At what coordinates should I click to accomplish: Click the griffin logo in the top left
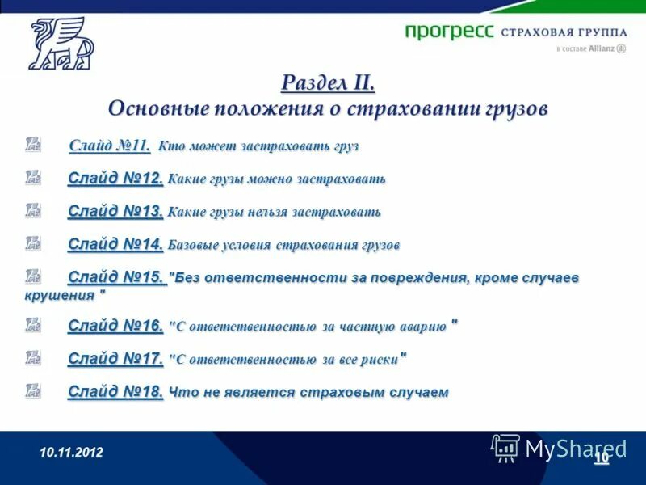click(61, 44)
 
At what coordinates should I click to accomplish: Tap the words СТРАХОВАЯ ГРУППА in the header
click(564, 32)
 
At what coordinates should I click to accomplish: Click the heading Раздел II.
click(328, 83)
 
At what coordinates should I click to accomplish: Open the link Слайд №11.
click(110, 146)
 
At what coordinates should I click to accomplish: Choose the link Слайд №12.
click(115, 178)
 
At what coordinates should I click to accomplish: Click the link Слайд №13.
click(115, 211)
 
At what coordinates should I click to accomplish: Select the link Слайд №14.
click(115, 243)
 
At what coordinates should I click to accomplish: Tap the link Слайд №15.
click(115, 277)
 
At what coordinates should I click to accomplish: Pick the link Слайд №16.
click(115, 326)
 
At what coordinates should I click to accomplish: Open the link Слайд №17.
click(115, 358)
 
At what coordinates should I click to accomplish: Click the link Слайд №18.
click(115, 392)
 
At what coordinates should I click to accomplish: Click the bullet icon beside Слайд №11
click(32, 145)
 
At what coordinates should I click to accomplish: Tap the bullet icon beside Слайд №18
click(32, 390)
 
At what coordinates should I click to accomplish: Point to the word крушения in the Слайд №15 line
click(60, 295)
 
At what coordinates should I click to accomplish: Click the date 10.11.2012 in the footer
click(72, 453)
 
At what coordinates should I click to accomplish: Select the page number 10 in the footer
click(601, 458)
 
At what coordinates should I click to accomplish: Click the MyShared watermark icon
click(505, 447)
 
